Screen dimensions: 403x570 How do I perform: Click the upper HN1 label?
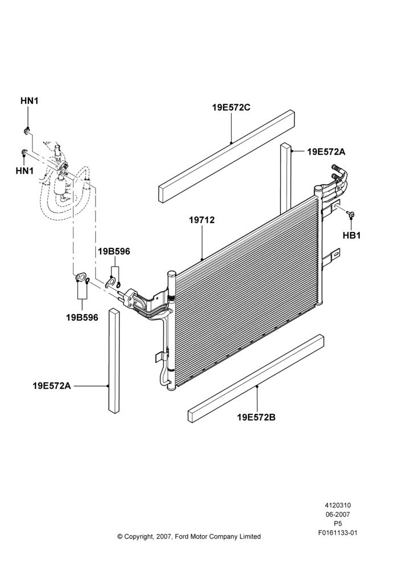click(x=29, y=101)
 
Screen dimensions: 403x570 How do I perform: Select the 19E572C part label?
click(x=231, y=108)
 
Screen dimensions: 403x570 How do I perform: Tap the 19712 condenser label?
click(x=202, y=220)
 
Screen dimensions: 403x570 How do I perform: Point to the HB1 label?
click(x=351, y=235)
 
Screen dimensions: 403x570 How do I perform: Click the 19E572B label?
click(x=256, y=417)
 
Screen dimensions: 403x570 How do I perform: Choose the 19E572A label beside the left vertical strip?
click(x=52, y=386)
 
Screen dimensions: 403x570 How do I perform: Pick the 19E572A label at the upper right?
click(x=326, y=152)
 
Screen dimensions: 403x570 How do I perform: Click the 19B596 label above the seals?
click(x=114, y=251)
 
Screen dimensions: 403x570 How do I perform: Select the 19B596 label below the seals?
click(x=82, y=317)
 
